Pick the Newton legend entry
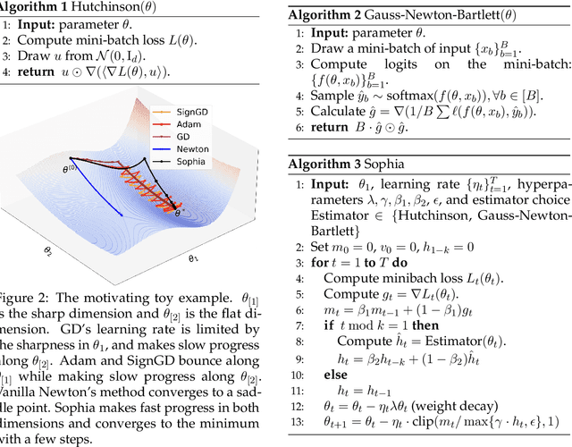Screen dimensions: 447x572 [x=217, y=151]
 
